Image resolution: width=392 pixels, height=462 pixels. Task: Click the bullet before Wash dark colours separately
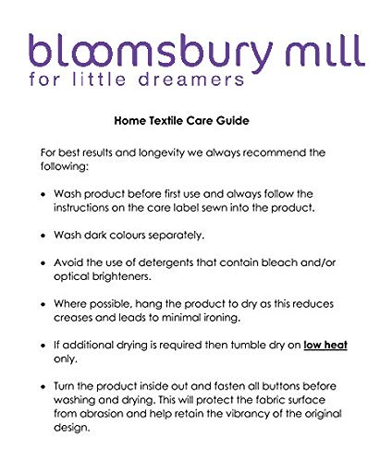47,235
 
